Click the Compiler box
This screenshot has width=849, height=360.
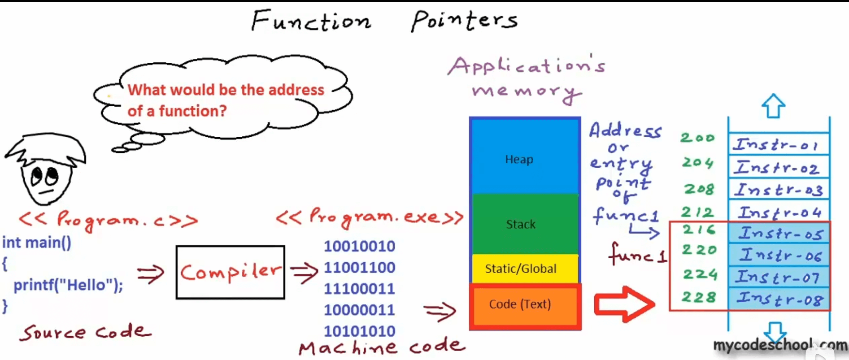click(x=230, y=272)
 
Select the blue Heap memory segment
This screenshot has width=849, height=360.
click(x=524, y=157)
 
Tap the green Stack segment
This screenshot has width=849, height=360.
click(x=524, y=224)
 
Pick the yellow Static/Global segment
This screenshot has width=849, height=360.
click(x=524, y=269)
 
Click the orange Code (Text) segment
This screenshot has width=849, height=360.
click(x=524, y=305)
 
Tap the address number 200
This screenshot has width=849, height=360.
click(x=697, y=138)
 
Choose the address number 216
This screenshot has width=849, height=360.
click(x=698, y=230)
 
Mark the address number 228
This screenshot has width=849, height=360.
click(x=698, y=297)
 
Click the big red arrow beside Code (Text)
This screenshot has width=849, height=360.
click(x=624, y=304)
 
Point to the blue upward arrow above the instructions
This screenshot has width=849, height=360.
click(x=773, y=106)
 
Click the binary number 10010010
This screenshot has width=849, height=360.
click(x=359, y=246)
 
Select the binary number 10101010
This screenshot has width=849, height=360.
click(x=359, y=331)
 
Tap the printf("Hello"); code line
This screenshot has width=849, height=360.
click(x=68, y=285)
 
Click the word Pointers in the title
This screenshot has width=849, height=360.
click(x=464, y=21)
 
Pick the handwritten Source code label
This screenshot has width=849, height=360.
click(x=85, y=332)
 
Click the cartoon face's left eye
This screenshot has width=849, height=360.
click(x=37, y=177)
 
